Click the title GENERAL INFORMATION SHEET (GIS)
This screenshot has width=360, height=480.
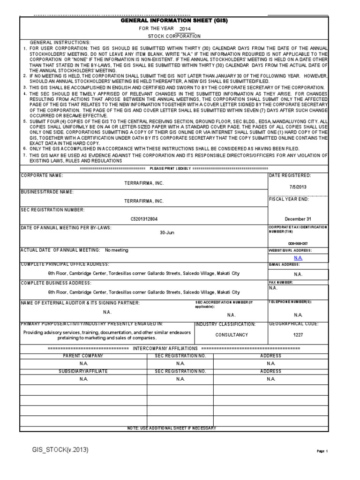coord(174,21)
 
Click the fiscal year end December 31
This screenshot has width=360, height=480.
coord(298,219)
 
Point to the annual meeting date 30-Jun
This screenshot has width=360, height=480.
coord(167,232)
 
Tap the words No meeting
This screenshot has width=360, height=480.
coord(117,250)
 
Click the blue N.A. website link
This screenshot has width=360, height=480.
coord(298,258)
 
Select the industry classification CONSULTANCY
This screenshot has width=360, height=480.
coord(231,335)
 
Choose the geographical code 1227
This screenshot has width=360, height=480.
coord(298,335)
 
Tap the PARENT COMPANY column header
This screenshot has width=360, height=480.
coord(83,356)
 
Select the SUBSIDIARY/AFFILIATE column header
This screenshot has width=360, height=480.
coord(83,371)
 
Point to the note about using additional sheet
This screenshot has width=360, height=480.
coord(172,428)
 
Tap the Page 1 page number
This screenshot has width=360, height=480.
coord(322,451)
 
